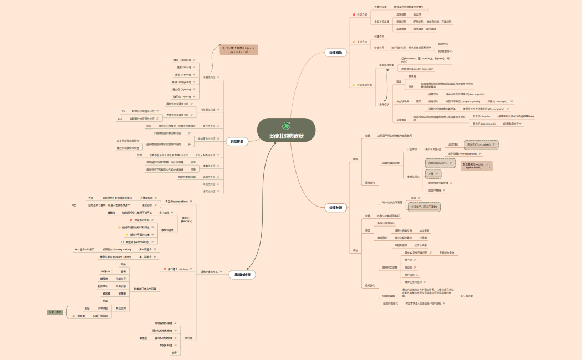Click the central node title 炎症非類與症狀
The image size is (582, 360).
coord(286,136)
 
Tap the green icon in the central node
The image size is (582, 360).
coord(286,126)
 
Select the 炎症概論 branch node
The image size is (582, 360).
coord(335,53)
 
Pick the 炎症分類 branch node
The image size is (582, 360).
coord(335,207)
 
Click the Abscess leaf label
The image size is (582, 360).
coord(182,60)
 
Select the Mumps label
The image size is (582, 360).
coord(496,102)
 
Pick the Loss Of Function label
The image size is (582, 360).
coord(417,68)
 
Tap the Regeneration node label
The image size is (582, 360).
coord(177,201)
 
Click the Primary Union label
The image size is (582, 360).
coord(117,250)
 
